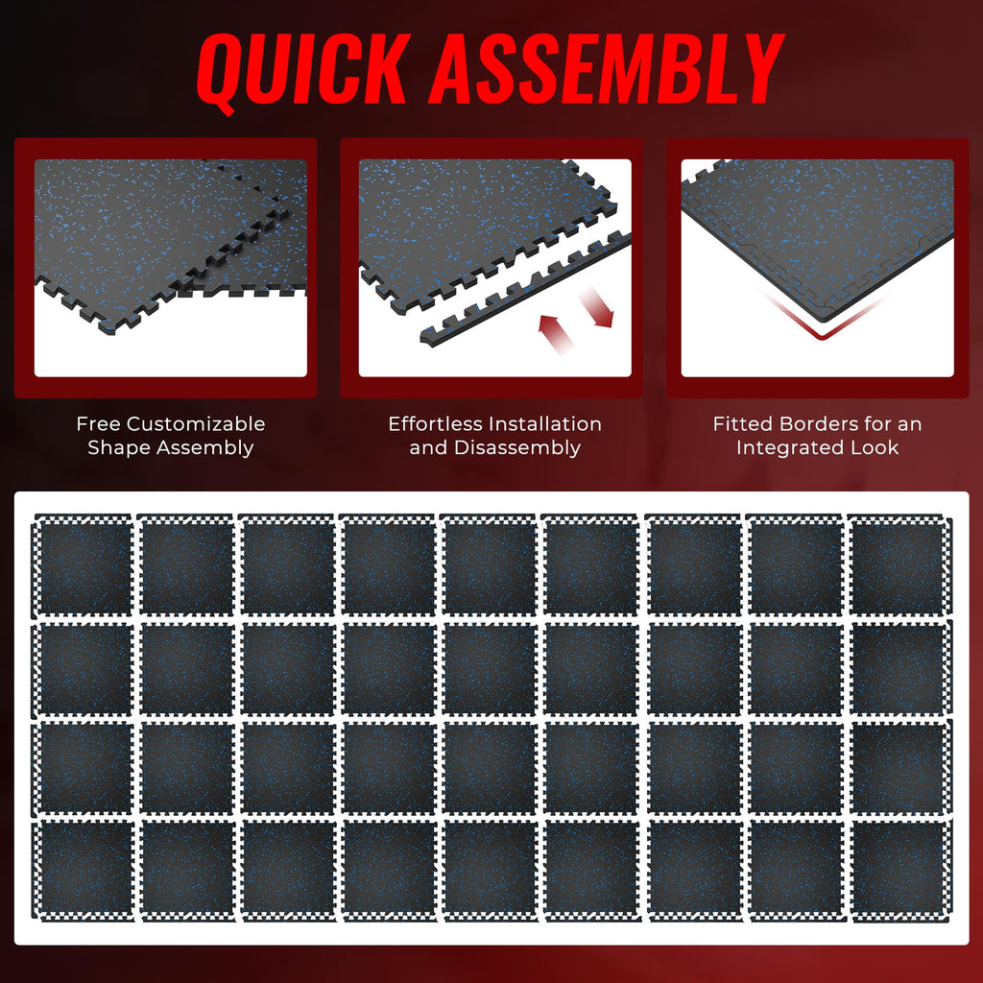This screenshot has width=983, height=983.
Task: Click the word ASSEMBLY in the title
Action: (x=606, y=69)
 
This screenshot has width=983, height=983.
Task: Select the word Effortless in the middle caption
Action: (x=436, y=423)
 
